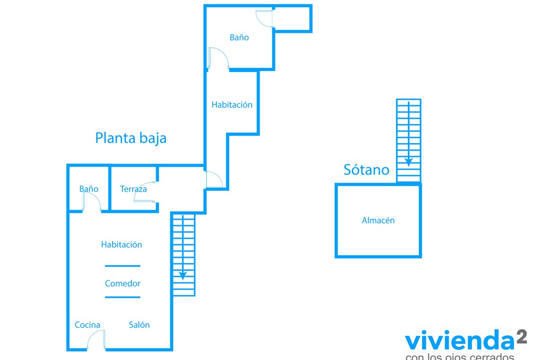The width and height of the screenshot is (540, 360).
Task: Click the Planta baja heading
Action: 130,138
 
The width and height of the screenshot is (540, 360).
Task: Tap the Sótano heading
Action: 366,170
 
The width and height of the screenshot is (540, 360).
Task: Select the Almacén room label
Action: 378,220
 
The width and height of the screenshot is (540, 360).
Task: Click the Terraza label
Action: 133,189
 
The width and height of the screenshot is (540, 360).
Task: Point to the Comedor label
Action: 122,283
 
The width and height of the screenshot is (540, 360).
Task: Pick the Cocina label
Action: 87,325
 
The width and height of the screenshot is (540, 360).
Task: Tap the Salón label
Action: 139,325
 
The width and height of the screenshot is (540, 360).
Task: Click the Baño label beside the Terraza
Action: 89,189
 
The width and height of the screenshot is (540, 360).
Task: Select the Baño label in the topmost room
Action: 239,38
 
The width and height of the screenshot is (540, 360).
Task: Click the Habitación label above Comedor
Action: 121,245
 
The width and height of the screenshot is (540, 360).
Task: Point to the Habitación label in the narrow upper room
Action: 232,105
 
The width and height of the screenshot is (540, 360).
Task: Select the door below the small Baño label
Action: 91,202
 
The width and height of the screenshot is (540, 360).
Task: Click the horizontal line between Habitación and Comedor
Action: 122,266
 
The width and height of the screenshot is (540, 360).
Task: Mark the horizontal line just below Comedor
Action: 122,297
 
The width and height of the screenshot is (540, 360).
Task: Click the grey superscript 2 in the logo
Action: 521,337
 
